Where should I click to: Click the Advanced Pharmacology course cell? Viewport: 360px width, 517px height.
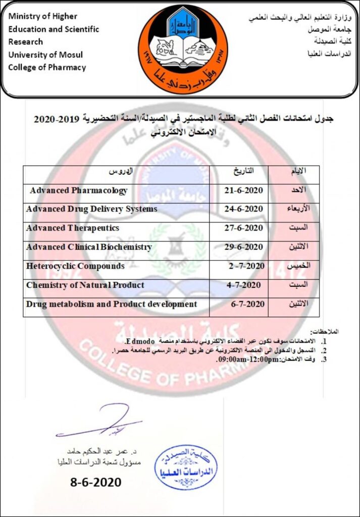point(78,191)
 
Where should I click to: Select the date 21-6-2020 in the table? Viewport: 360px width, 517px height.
point(244,191)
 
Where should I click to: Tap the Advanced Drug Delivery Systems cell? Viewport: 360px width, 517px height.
point(91,209)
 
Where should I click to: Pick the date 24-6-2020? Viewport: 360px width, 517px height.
point(244,209)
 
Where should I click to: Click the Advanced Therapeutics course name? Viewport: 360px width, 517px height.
point(73,228)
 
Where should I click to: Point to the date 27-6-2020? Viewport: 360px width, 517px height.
point(244,228)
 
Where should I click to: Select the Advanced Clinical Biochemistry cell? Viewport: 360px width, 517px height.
point(89,247)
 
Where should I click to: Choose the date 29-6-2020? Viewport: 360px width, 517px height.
point(244,247)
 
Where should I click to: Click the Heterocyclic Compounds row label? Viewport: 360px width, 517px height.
point(75,266)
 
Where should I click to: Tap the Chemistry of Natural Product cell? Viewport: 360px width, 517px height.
point(85,285)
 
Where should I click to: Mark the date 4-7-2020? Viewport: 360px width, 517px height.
point(244,285)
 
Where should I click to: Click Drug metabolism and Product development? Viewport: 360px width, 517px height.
point(112,304)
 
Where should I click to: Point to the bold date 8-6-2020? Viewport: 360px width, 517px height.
point(95,482)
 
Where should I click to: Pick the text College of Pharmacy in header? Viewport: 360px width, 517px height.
point(47,68)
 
